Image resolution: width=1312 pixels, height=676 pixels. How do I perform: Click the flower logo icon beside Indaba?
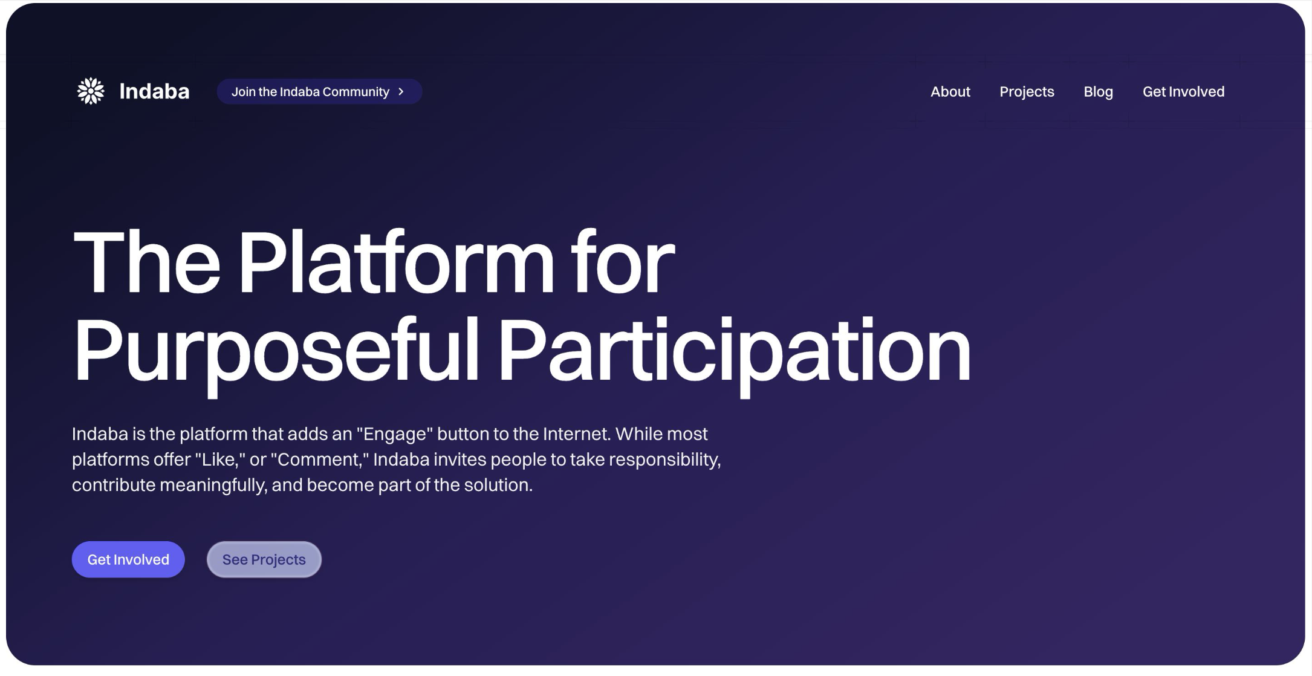click(91, 91)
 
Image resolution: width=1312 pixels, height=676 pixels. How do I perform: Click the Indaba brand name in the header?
click(154, 91)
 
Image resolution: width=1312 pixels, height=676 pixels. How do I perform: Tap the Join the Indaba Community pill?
click(319, 91)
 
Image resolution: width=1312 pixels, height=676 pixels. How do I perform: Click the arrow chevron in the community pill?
click(401, 91)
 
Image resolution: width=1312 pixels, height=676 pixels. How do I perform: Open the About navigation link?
click(950, 91)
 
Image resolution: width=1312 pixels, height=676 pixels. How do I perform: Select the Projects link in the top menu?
click(1027, 92)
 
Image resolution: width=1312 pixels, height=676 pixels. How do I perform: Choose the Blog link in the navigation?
click(1098, 92)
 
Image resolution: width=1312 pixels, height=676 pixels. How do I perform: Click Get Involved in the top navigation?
click(1183, 91)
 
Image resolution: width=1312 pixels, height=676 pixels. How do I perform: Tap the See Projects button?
click(264, 559)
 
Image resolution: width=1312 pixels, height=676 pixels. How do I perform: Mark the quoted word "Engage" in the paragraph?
click(395, 434)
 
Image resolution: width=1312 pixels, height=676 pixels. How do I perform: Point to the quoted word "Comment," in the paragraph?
click(320, 460)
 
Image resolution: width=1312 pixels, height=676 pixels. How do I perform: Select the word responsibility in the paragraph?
click(665, 460)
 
